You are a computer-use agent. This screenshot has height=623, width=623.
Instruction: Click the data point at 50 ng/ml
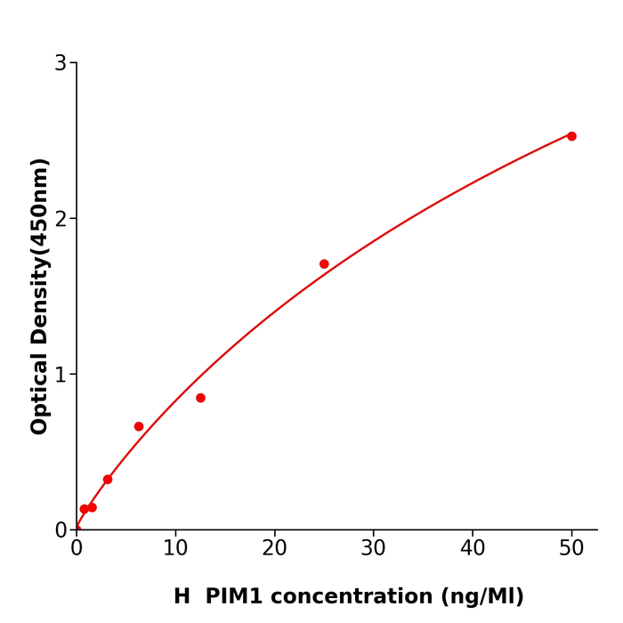point(571,136)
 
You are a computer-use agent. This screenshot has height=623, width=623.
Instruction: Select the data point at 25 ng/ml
point(324,264)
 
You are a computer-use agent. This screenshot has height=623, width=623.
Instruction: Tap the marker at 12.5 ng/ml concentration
point(200,398)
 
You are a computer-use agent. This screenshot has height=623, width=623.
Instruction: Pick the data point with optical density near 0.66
point(139,426)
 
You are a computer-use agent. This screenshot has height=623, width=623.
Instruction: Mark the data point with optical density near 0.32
point(108,480)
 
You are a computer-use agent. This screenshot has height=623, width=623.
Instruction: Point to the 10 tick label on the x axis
point(175,549)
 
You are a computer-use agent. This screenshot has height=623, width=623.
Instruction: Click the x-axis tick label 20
point(274,549)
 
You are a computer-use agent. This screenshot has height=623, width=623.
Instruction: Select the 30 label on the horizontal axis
point(373,549)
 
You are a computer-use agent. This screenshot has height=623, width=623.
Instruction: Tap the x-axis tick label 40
point(473,549)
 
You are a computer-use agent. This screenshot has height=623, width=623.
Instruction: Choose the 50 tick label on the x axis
point(571,549)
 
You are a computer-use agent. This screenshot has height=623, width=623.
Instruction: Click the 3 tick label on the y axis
point(61,63)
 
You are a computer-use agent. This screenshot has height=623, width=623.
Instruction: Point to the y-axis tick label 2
point(61,219)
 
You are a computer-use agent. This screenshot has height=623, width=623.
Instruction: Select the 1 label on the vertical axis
point(61,375)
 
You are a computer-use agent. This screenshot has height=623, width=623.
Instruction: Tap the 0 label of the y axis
point(61,530)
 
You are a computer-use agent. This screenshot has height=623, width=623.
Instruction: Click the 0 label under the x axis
point(77,549)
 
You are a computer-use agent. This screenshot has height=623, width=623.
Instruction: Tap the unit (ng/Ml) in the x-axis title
point(484,597)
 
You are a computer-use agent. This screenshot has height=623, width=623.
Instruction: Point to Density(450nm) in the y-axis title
point(40,251)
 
